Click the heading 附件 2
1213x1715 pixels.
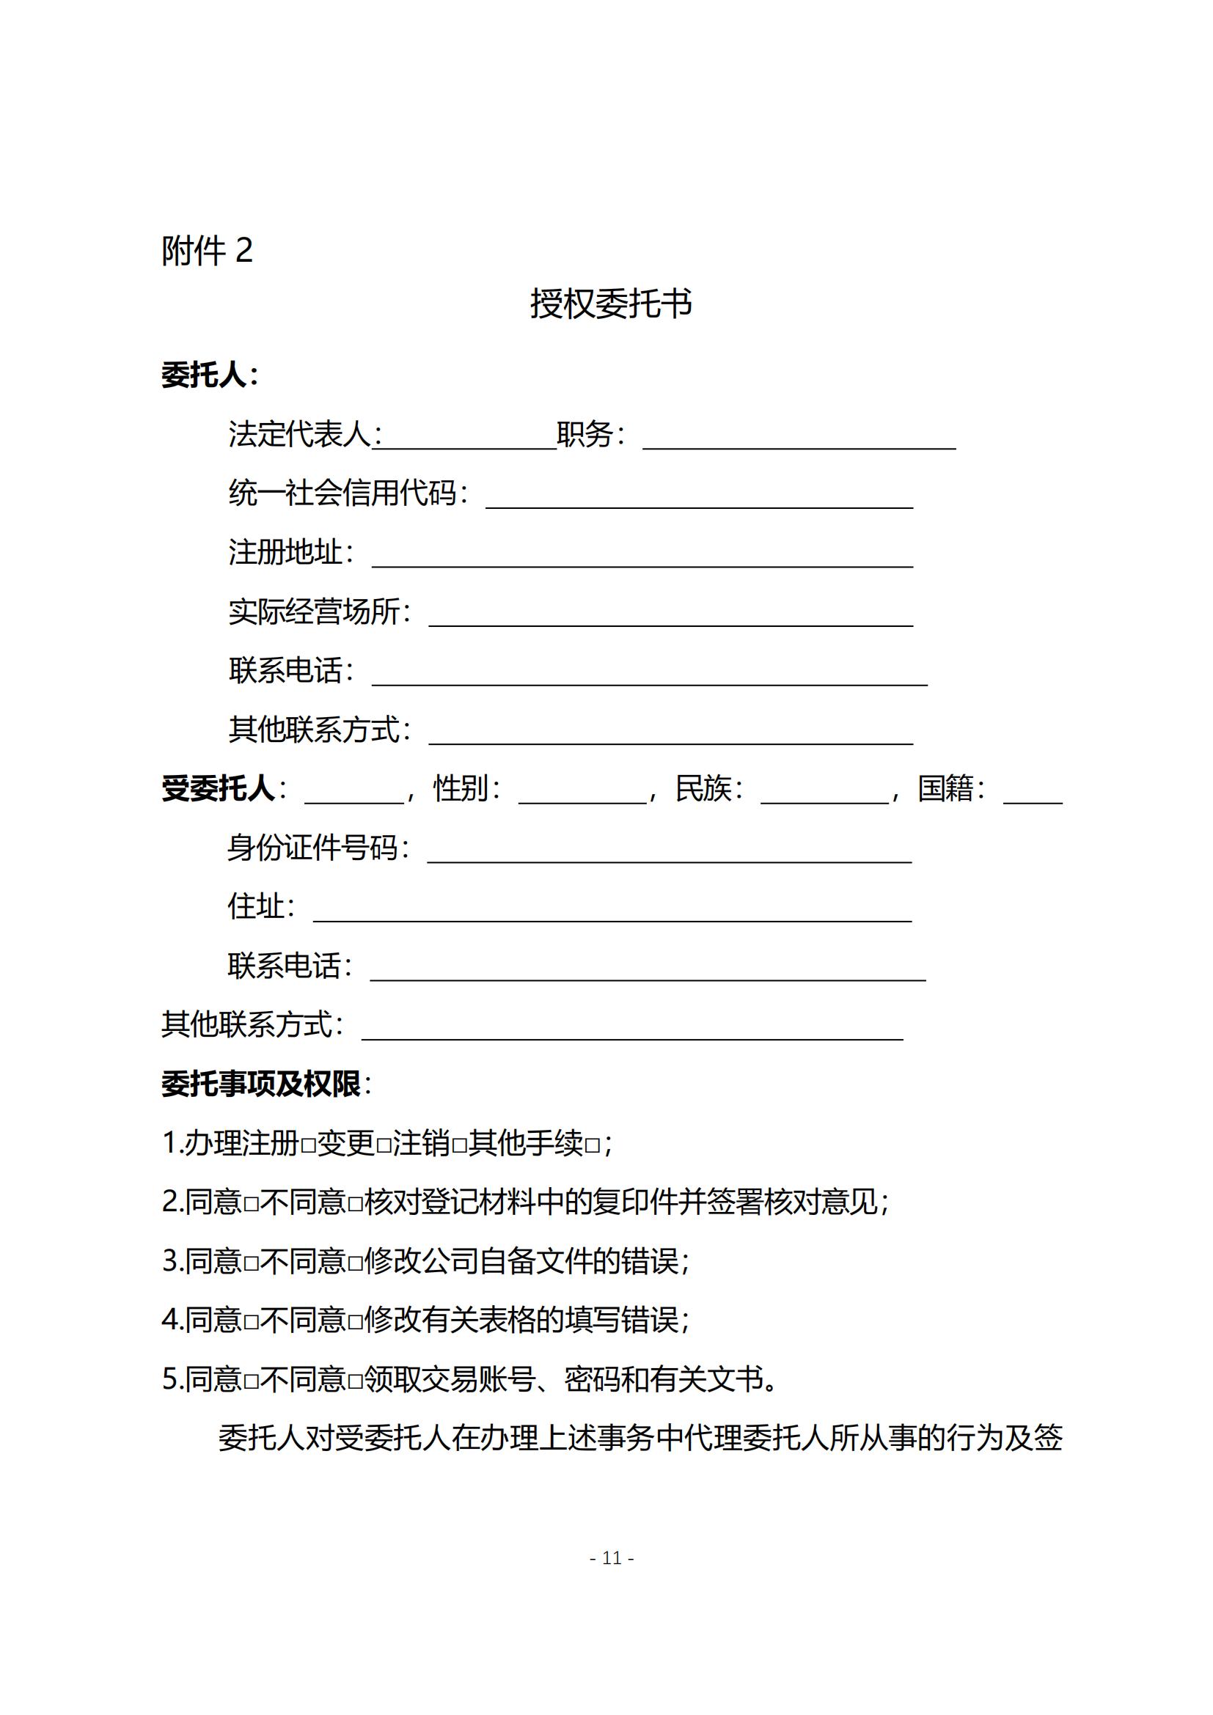click(x=207, y=250)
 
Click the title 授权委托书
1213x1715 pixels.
click(x=610, y=304)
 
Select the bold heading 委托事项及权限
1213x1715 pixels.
click(x=260, y=1084)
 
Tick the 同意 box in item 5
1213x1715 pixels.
click(x=251, y=1382)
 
